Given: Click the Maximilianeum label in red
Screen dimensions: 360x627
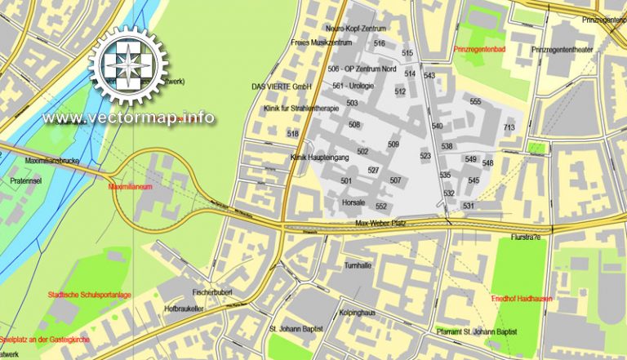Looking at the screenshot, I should pos(131,186).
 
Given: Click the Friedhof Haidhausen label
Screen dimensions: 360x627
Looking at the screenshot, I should pos(522,299).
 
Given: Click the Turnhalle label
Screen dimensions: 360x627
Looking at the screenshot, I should pos(358,266).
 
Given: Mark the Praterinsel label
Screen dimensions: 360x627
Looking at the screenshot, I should pos(25,180).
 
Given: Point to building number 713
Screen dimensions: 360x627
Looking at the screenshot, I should pos(509,128).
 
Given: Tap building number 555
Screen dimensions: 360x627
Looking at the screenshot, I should pos(476,102).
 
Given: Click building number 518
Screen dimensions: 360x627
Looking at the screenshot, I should pos(293,133).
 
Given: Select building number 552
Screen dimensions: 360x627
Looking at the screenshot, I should pos(380,207).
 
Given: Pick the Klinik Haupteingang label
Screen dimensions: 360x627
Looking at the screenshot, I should pos(320,156).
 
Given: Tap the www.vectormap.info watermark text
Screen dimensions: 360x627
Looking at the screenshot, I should pos(129,118).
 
